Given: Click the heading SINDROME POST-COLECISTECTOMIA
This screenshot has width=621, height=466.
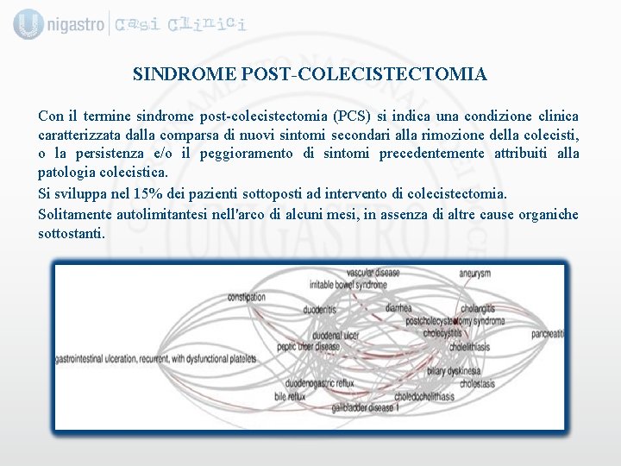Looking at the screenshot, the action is (310, 75).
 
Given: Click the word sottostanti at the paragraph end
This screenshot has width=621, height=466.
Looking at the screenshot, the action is (71, 233).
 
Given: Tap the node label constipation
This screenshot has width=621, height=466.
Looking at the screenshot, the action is (247, 298).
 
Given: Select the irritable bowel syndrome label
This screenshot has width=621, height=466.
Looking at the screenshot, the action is (348, 285).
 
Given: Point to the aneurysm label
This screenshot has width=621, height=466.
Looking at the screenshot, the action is (474, 274).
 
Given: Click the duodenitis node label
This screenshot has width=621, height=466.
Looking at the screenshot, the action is (319, 310).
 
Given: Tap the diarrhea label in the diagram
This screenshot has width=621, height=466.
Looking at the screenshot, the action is (398, 308).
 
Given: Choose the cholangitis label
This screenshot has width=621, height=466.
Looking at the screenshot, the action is (477, 308).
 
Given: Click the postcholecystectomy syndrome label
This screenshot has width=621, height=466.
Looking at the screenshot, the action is (455, 321).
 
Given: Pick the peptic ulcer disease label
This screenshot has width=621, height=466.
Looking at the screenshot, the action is (309, 347).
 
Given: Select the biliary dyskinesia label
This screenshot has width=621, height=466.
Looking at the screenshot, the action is (453, 371).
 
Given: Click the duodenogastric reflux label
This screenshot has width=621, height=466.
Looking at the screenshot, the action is (320, 383).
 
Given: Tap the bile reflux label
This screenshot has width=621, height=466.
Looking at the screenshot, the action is (290, 396).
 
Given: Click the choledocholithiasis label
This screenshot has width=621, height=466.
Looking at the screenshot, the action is (423, 396).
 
